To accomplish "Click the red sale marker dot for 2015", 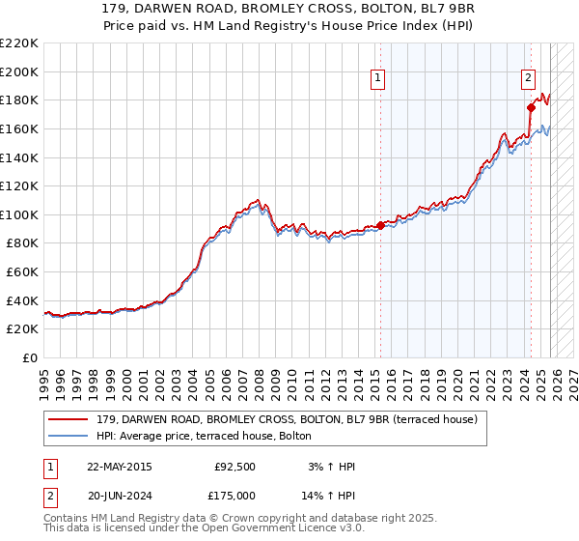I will coord(380,225).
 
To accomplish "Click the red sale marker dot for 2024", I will coord(531,107).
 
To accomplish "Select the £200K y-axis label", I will coord(19,71).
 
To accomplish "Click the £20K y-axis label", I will coord(23,329).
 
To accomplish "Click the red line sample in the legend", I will coord(69,419).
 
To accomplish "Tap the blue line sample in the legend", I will coord(69,436).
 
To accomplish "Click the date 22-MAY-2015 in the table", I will coord(119,467).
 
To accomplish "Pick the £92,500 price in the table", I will coord(235,467).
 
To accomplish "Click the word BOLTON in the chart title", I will coord(361,7).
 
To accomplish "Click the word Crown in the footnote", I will coord(239,518).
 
